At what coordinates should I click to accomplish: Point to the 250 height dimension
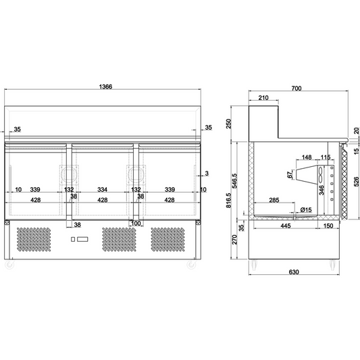coord(229,123)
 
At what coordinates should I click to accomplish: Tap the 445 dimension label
coord(286,226)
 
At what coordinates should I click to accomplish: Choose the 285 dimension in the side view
coord(274,201)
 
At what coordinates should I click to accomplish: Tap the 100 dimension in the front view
coord(136,224)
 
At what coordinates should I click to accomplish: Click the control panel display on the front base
coord(78,240)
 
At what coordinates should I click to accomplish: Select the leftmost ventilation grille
coord(34,240)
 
